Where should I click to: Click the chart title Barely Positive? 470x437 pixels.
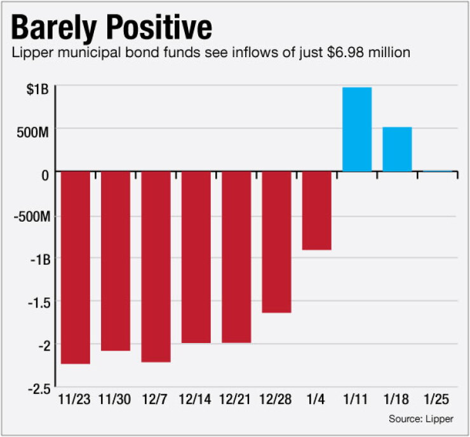pos(112,28)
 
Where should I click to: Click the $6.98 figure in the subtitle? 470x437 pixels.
pos(346,53)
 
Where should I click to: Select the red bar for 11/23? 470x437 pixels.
pos(76,267)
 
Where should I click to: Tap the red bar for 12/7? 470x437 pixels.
pos(156,267)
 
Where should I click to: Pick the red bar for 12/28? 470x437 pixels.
pos(277,242)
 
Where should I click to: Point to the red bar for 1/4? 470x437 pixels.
pos(317,210)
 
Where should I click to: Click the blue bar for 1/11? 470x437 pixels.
pos(357,129)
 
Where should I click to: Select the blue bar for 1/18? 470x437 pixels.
pos(398,149)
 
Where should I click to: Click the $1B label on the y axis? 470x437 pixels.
pos(37,89)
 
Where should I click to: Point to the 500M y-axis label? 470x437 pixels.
pos(32,132)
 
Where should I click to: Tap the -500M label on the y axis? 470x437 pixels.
pos(32,217)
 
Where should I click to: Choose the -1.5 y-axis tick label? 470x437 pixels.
pos(39,303)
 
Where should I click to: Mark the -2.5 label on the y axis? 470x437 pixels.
pos(39,389)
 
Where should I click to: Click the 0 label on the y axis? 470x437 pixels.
pos(45,175)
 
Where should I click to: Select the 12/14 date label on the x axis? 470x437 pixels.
pos(195,400)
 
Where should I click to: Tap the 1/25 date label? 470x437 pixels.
pos(436,400)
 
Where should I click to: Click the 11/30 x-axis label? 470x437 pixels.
pos(115,400)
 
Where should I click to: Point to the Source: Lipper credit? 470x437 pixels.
pos(421,419)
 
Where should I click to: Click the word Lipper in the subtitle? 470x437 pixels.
pos(32,53)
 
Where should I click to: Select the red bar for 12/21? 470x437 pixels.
pos(236,257)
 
